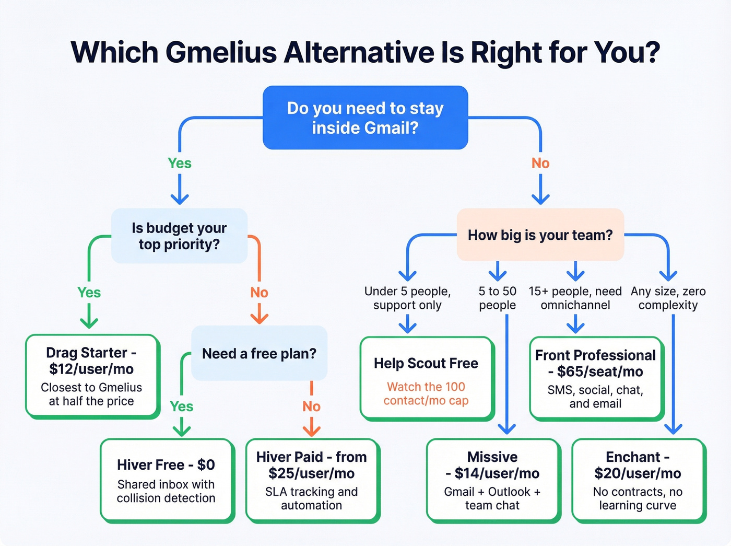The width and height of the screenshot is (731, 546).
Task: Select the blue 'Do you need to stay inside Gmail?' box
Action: click(x=365, y=118)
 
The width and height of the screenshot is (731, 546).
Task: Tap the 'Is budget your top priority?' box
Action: click(x=179, y=236)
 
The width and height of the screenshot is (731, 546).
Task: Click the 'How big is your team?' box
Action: click(x=540, y=235)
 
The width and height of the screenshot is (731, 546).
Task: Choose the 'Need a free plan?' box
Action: click(x=259, y=354)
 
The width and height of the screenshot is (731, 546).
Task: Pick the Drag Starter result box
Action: click(x=92, y=376)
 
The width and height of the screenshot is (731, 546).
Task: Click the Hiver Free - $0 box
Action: click(x=166, y=480)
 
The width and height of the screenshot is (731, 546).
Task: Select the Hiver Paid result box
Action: click(x=312, y=480)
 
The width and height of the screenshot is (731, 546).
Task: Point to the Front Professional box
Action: click(x=595, y=378)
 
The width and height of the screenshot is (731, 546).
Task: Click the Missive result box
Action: click(x=492, y=480)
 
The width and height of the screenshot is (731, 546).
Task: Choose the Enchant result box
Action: click(x=638, y=480)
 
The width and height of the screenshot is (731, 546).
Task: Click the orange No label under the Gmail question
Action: click(x=540, y=164)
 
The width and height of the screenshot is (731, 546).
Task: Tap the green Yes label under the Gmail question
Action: click(x=180, y=164)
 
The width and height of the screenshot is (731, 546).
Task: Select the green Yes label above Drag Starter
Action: click(x=89, y=293)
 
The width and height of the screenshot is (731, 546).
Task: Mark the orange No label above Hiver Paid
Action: click(x=312, y=406)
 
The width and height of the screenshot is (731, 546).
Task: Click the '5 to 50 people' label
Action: click(x=498, y=298)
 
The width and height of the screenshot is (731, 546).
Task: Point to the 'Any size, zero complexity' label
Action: click(x=668, y=298)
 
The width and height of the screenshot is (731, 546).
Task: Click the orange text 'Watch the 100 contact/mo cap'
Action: click(x=426, y=393)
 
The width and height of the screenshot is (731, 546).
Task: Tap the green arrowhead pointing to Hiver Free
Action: click(x=182, y=431)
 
